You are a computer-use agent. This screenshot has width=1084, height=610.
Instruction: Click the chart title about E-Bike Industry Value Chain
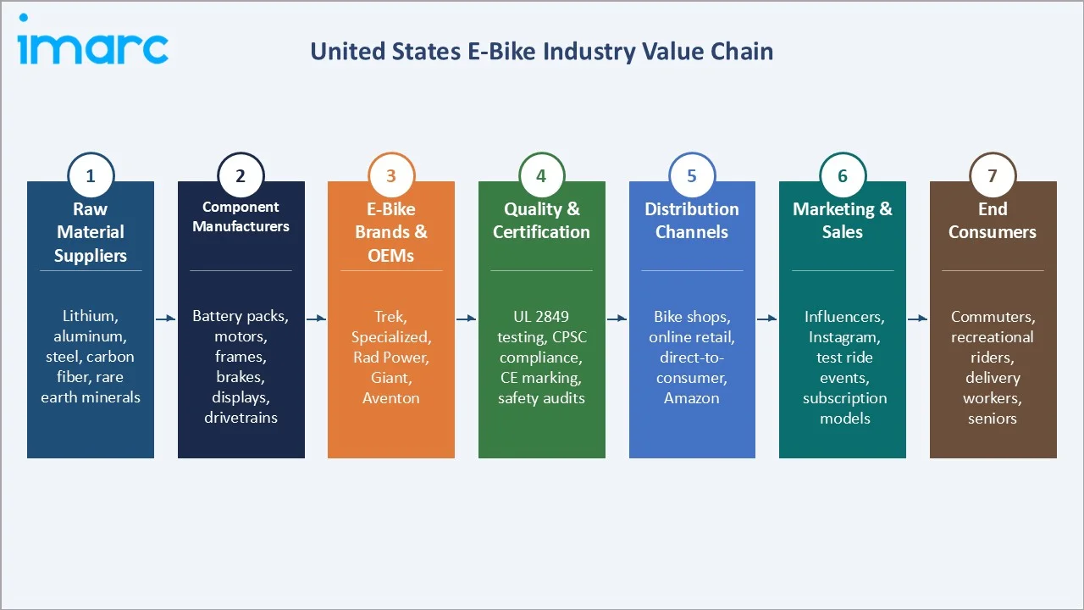(x=541, y=52)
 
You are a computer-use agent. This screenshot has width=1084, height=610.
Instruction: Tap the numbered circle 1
(x=91, y=176)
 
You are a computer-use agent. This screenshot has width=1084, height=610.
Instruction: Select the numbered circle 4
(x=541, y=176)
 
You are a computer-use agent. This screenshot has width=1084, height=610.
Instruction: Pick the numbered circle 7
(x=993, y=176)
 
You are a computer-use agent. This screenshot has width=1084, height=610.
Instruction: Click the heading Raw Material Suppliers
(x=91, y=232)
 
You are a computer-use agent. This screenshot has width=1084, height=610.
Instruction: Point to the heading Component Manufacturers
(x=241, y=217)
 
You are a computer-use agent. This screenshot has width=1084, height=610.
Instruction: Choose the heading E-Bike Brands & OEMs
(x=391, y=232)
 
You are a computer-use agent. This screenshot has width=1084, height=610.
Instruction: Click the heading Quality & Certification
(x=541, y=220)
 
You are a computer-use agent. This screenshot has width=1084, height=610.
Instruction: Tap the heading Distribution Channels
(x=692, y=220)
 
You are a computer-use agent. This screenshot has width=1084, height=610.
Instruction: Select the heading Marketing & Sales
(x=843, y=220)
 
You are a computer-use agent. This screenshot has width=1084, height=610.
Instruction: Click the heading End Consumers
(x=993, y=220)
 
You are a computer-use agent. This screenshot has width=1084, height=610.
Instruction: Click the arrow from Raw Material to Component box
(x=166, y=319)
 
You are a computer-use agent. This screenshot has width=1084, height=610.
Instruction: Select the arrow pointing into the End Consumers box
(x=918, y=319)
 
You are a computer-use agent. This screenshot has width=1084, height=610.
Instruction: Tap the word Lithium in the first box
(x=89, y=317)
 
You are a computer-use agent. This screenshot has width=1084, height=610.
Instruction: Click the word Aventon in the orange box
(x=391, y=398)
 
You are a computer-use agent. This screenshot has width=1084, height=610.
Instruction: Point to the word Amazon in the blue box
(x=692, y=398)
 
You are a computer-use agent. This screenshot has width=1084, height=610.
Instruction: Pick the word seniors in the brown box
(x=993, y=419)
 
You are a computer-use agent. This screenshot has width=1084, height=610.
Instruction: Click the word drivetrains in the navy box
(x=241, y=418)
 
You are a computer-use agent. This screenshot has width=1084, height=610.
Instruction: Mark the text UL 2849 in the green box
(x=541, y=317)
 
